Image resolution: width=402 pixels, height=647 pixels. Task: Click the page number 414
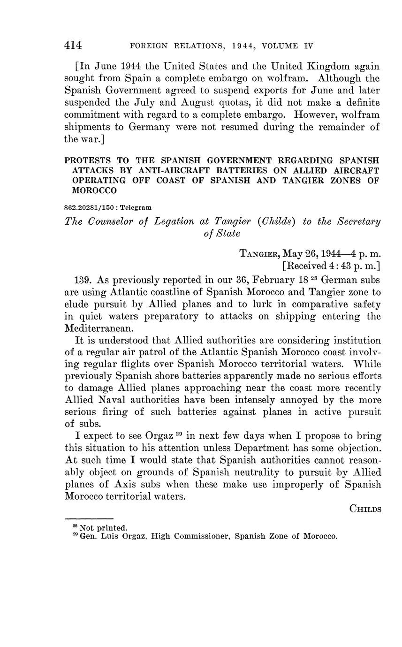point(73,46)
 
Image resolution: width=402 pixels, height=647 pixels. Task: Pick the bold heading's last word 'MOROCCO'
point(94,191)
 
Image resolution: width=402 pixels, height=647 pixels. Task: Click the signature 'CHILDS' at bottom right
point(365,509)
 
